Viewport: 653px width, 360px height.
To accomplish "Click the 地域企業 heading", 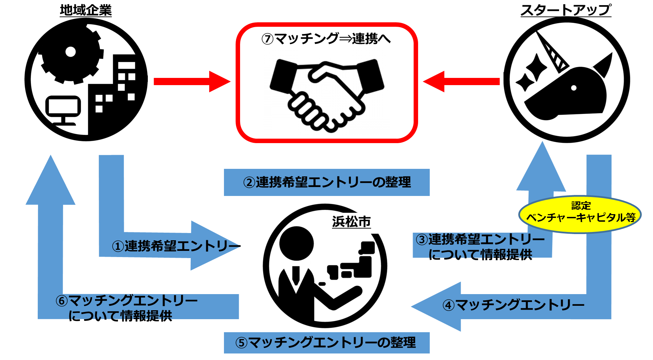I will [x=86, y=10].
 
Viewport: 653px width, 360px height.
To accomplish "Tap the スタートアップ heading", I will [x=566, y=10].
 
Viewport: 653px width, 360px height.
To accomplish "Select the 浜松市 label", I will [x=352, y=222].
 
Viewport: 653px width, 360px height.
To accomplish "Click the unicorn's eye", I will [x=574, y=88].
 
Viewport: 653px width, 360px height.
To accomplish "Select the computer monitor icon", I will [x=63, y=110].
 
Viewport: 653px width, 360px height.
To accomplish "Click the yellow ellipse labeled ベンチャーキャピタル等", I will [x=580, y=214].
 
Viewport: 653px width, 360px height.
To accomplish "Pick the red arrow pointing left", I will [x=461, y=82].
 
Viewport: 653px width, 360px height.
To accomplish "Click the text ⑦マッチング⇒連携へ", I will [x=326, y=38].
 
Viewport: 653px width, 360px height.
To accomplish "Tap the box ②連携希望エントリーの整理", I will [x=326, y=182].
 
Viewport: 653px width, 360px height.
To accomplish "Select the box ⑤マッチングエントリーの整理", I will [x=326, y=342].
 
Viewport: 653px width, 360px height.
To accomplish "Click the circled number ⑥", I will [x=62, y=301].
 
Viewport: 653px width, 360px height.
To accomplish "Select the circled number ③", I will [x=422, y=240].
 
